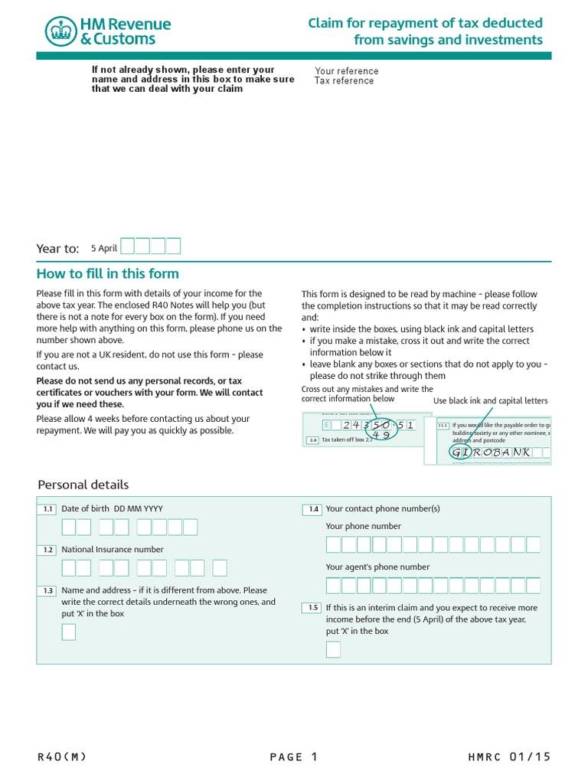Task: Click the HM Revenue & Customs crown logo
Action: click(61, 31)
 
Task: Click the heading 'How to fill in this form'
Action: click(107, 273)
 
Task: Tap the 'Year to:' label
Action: click(57, 248)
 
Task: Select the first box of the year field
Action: click(128, 246)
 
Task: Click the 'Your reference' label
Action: click(346, 71)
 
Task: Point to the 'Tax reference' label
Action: click(344, 81)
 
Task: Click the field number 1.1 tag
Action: click(47, 509)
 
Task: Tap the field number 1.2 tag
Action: click(47, 550)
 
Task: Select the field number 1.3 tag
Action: click(47, 590)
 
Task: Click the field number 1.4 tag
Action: click(312, 509)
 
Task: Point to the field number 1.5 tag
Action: click(312, 608)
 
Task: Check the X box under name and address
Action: click(69, 632)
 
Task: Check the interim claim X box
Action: click(333, 649)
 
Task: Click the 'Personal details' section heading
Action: click(83, 485)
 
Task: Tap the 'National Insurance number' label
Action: click(112, 550)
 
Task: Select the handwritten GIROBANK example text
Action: click(491, 452)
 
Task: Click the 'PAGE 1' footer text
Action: click(293, 757)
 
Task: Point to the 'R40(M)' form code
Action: click(62, 757)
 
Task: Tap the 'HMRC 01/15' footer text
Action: click(508, 757)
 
